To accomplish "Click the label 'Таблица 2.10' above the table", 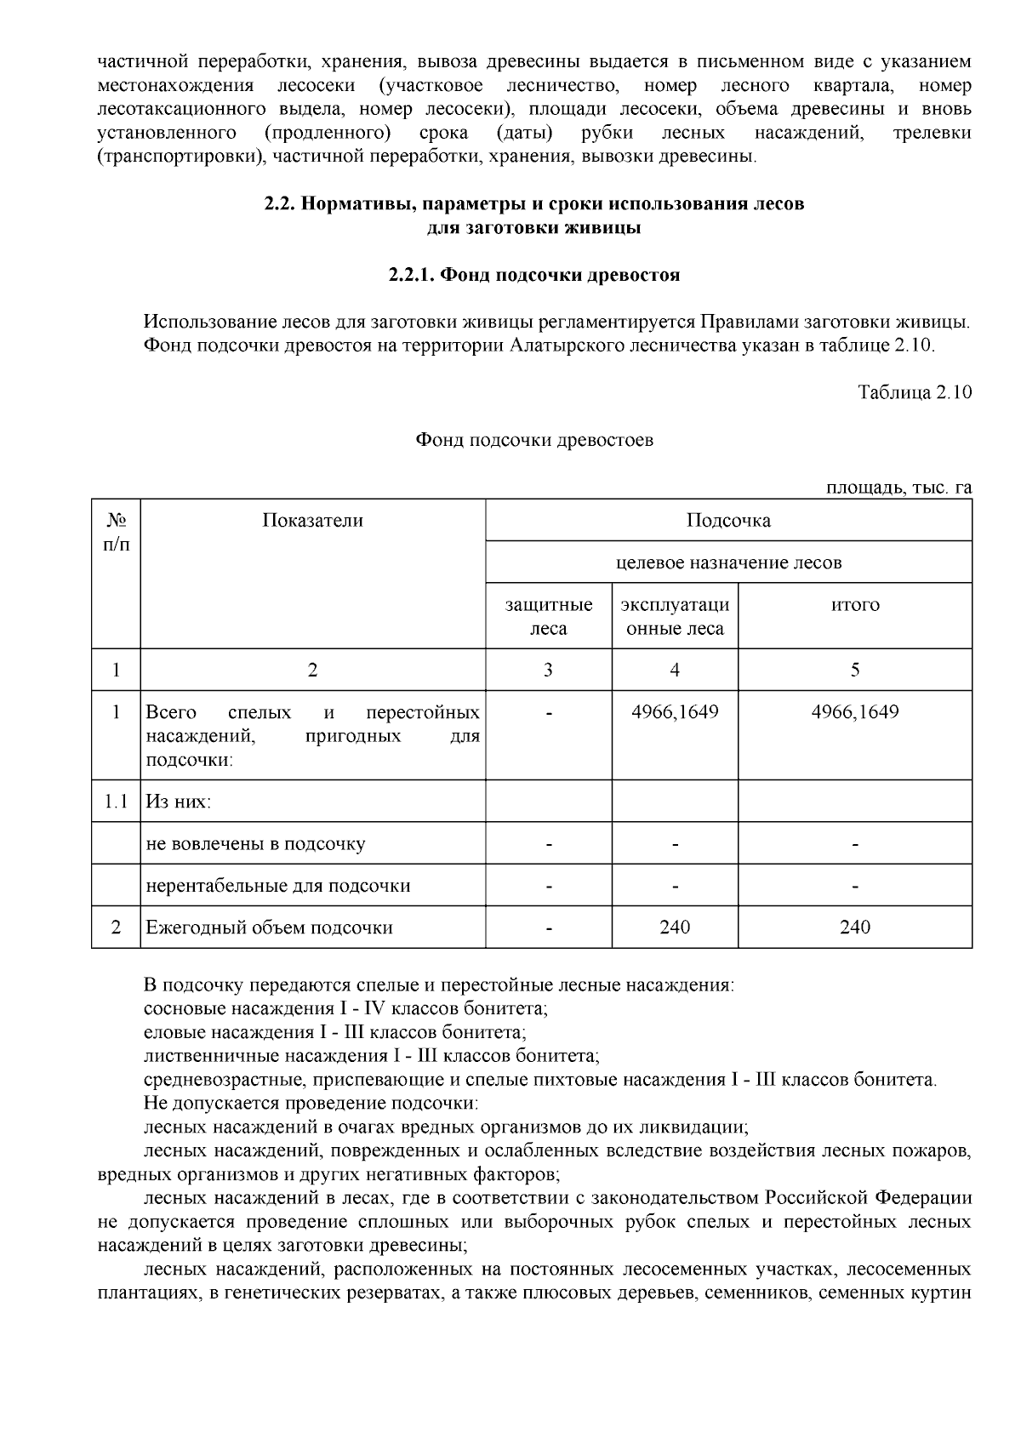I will point(915,393).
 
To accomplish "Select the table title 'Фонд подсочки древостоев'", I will point(534,441).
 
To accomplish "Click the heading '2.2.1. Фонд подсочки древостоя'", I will point(534,276).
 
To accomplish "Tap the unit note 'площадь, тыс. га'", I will point(899,488).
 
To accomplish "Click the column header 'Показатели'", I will point(312,521).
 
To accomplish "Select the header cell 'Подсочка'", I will point(728,521).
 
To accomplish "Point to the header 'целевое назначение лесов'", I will point(728,562).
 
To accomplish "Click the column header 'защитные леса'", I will point(549,617).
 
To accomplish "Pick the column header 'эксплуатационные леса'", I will point(675,617).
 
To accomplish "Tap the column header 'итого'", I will point(855,605).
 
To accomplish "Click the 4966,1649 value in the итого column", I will point(855,712).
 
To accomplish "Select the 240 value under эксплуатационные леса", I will point(675,927).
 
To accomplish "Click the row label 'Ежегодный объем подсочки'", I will point(270,927).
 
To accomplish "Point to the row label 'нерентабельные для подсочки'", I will point(278,886).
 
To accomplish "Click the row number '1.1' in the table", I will point(116,802).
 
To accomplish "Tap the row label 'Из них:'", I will point(179,802).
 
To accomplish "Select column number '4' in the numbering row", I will point(675,671).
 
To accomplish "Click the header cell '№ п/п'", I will point(116,532).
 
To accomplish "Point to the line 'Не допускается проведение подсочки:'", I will point(311,1104).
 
